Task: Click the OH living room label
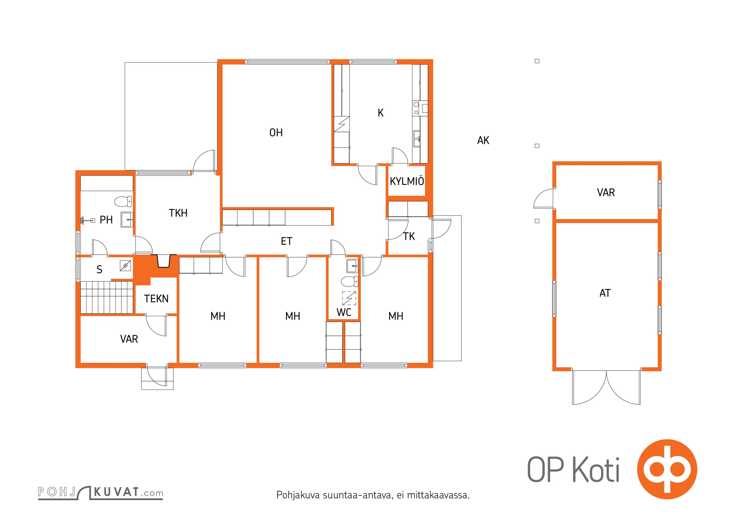276,133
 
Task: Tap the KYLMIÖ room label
407,181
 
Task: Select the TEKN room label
156,299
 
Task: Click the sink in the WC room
352,266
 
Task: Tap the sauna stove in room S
125,266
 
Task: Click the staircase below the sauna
107,297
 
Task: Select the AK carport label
483,140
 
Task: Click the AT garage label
605,293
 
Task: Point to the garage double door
606,387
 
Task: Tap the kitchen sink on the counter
417,138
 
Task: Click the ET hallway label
287,241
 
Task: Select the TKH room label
178,213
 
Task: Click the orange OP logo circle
667,469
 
